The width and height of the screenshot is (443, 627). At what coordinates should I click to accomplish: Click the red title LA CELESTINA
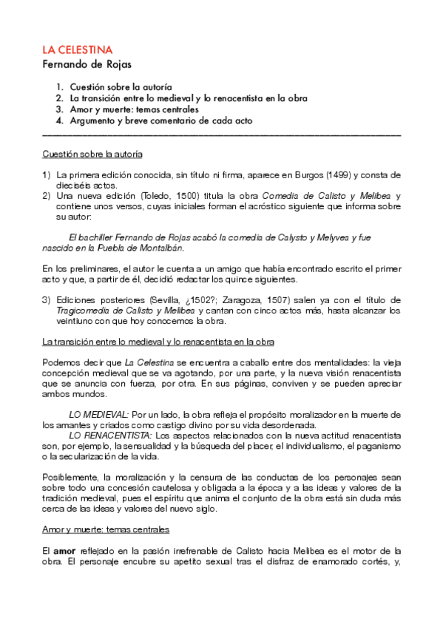point(77,50)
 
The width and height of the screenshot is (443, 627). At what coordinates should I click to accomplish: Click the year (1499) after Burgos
point(337,175)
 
